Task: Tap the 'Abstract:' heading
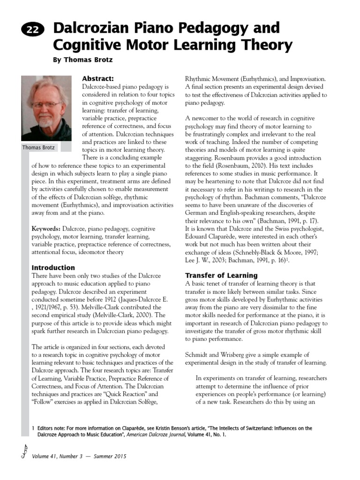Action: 98,78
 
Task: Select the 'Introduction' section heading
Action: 53,268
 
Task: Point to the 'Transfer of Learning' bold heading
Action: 221,275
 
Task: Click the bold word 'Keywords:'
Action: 46,228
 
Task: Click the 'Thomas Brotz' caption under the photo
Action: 39,148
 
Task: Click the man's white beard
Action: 45,122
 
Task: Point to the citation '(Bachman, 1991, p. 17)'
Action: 278,220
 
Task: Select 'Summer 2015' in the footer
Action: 111,456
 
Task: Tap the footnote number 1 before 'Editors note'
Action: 33,428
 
